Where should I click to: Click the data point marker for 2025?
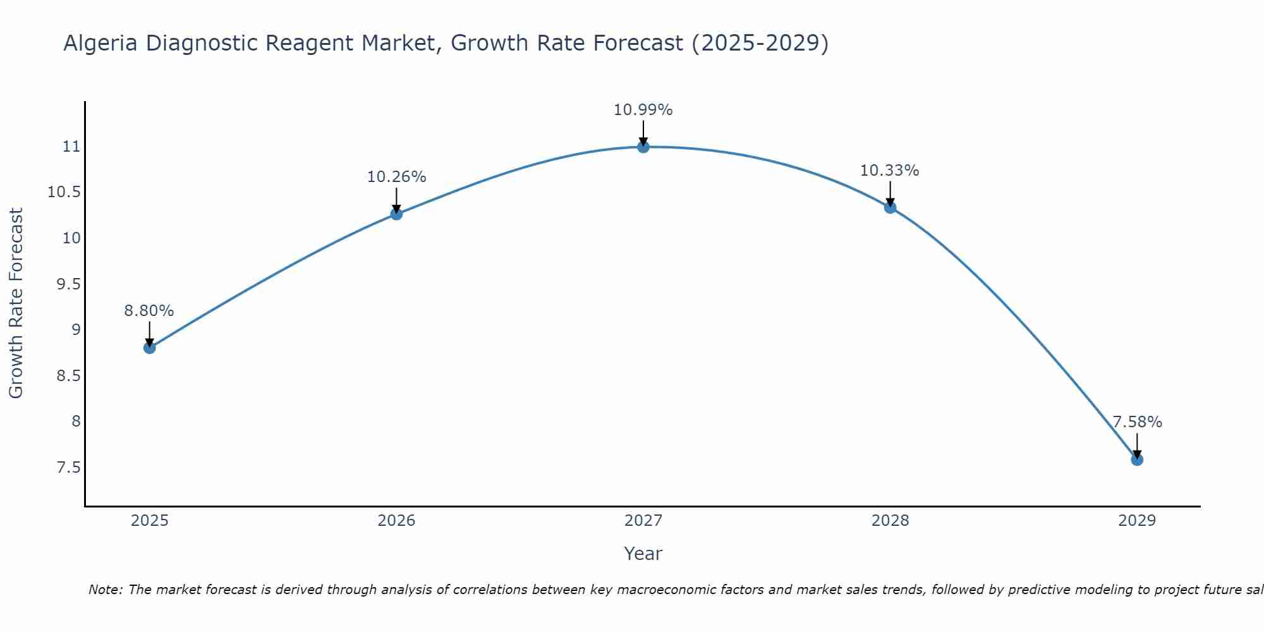(x=149, y=348)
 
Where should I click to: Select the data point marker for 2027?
(x=643, y=147)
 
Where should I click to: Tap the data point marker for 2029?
(x=1137, y=459)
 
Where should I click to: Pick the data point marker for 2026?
(x=396, y=214)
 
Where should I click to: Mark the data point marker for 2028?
(x=890, y=207)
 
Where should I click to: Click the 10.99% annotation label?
(x=643, y=110)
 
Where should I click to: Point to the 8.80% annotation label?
(x=149, y=311)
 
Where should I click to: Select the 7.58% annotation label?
(x=1137, y=422)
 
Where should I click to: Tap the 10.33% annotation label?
(x=890, y=171)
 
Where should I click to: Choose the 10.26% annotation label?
(x=396, y=177)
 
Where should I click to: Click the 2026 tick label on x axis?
(x=396, y=521)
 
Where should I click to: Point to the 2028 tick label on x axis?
(x=890, y=521)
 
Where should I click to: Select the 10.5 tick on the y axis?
(x=64, y=192)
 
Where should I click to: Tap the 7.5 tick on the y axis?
(x=69, y=468)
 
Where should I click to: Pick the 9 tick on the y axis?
(x=76, y=330)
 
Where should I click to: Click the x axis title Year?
(x=643, y=554)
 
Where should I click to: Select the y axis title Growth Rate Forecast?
(x=16, y=303)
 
